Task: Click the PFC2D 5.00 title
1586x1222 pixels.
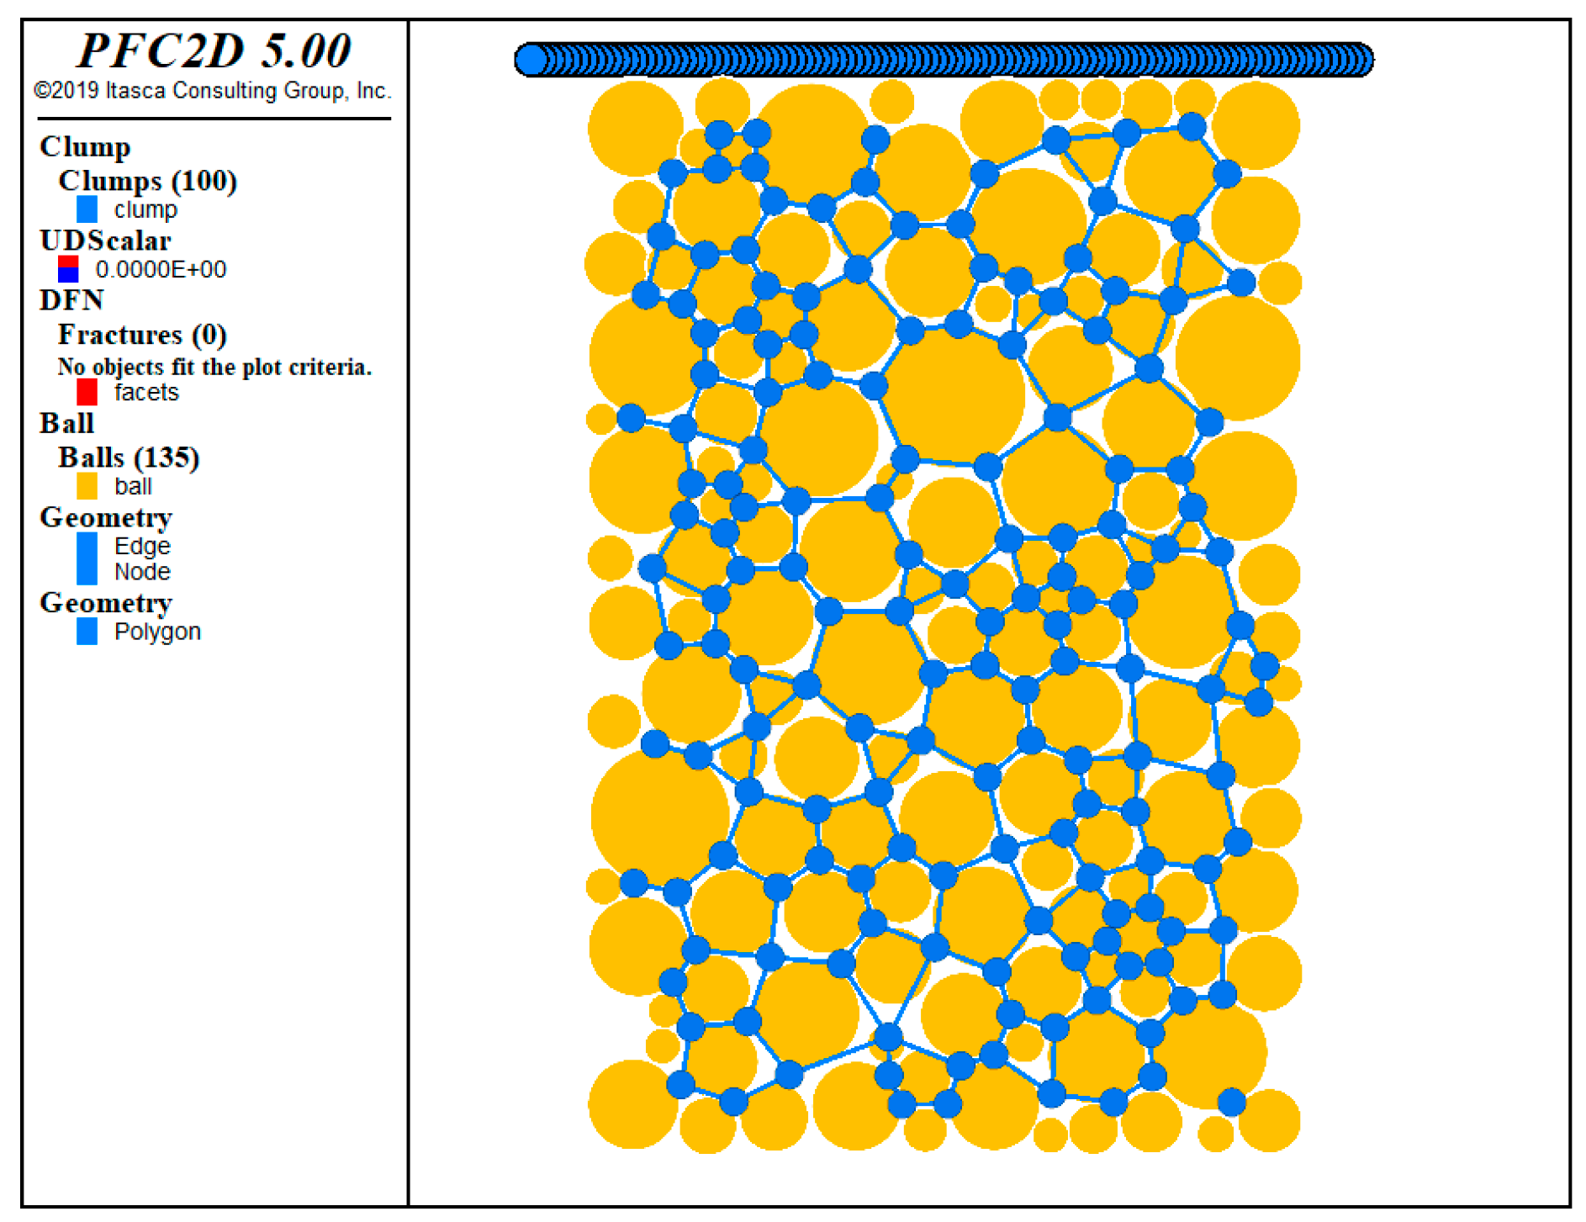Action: (x=214, y=50)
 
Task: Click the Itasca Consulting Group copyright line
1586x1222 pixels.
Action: (x=213, y=91)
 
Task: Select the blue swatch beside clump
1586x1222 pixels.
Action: (x=87, y=209)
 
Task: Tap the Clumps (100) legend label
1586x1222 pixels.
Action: (x=147, y=181)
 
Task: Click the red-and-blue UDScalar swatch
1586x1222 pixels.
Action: (x=68, y=269)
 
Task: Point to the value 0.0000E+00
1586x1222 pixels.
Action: (x=161, y=269)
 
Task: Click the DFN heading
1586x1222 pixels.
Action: (x=71, y=300)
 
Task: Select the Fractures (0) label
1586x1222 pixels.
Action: (x=142, y=335)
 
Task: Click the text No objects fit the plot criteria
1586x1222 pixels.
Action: (x=214, y=367)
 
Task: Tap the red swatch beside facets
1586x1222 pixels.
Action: (x=87, y=392)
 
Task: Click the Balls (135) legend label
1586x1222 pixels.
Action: (x=129, y=458)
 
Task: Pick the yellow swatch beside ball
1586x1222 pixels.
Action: (x=87, y=486)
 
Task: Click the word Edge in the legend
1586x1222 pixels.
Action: (x=142, y=546)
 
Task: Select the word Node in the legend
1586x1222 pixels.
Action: (x=142, y=572)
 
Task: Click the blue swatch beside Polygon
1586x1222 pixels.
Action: (x=87, y=632)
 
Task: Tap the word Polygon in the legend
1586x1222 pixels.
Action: (x=157, y=632)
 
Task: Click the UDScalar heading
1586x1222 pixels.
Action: (x=105, y=241)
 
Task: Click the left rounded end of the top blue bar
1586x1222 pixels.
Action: (x=530, y=60)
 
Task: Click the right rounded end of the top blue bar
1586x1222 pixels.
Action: (x=1361, y=60)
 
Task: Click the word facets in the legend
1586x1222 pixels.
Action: (x=146, y=392)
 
